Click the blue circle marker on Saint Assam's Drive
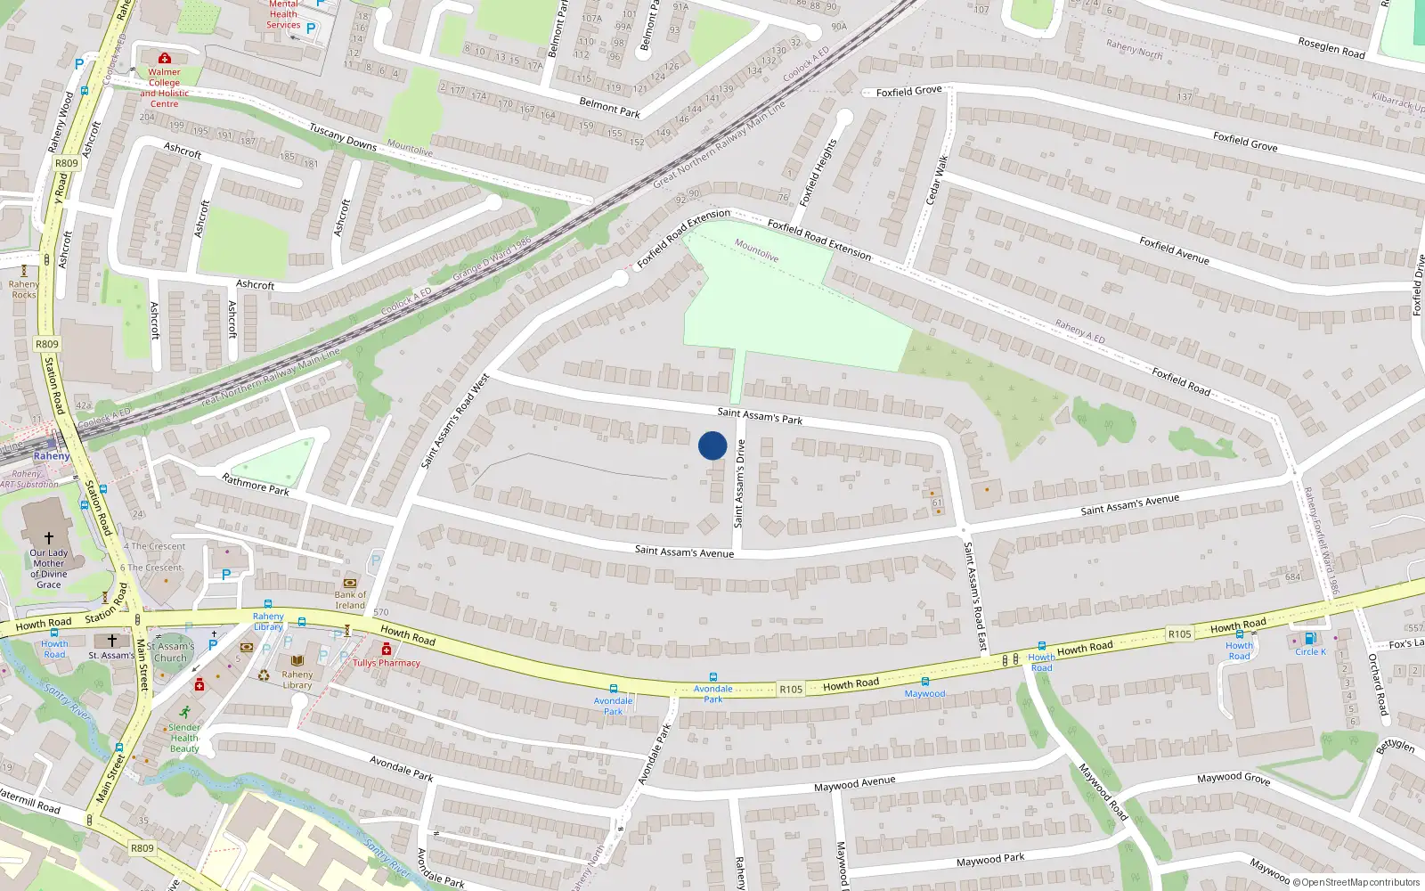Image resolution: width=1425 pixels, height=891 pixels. click(712, 445)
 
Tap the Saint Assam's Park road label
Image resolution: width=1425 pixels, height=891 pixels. click(760, 415)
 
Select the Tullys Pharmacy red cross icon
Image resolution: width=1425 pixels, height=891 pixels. click(387, 650)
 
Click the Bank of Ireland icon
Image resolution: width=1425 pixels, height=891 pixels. click(349, 583)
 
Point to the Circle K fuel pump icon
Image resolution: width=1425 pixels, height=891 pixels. click(1310, 638)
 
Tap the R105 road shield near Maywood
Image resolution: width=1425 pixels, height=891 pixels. click(791, 689)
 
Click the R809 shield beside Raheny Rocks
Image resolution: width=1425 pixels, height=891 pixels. click(47, 344)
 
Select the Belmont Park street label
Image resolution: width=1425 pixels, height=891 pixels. click(609, 108)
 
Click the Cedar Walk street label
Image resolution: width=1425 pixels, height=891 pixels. click(936, 180)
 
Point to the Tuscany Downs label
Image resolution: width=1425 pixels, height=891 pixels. click(343, 136)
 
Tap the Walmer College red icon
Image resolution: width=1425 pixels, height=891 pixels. click(164, 59)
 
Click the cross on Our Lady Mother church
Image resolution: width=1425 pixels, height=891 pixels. click(49, 537)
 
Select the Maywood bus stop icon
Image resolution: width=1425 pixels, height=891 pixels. click(925, 683)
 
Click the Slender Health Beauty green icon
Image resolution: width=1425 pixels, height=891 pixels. click(184, 712)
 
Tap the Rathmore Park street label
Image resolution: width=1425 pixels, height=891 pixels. click(256, 485)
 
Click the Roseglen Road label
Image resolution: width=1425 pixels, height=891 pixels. click(1331, 47)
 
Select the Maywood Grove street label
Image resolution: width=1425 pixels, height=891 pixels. click(1234, 778)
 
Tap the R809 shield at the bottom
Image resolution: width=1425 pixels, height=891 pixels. click(142, 848)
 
